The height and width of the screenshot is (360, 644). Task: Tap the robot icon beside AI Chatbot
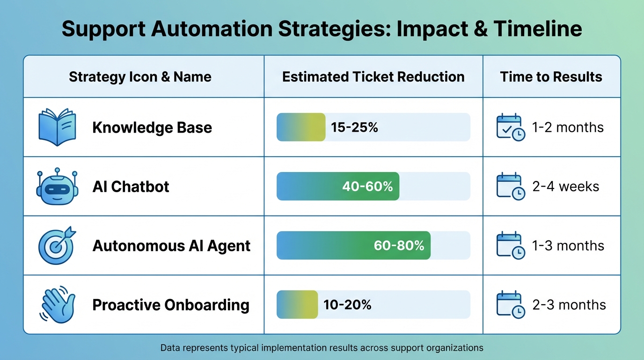[56, 186]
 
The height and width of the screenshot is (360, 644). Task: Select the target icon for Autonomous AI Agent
[56, 246]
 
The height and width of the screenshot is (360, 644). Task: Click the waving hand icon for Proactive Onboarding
[56, 305]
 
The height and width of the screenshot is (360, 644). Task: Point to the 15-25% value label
[354, 127]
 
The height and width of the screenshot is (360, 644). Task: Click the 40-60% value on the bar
[367, 187]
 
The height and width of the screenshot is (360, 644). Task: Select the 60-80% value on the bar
[399, 246]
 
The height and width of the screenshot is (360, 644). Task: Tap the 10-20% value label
[347, 305]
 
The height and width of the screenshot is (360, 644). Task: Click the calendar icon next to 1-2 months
[510, 127]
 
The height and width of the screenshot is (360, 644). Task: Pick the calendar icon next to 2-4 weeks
[510, 186]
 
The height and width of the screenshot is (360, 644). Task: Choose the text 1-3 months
[568, 246]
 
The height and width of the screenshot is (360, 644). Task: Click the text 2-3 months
[569, 305]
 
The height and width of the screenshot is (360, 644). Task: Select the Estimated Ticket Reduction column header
[373, 77]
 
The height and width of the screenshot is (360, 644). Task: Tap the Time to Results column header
[551, 77]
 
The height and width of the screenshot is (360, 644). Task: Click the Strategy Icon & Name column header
[140, 77]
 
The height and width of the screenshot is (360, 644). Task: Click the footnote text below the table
[322, 348]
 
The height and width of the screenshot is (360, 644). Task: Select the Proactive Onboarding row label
[171, 305]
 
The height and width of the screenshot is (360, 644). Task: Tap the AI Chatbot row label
[131, 187]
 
